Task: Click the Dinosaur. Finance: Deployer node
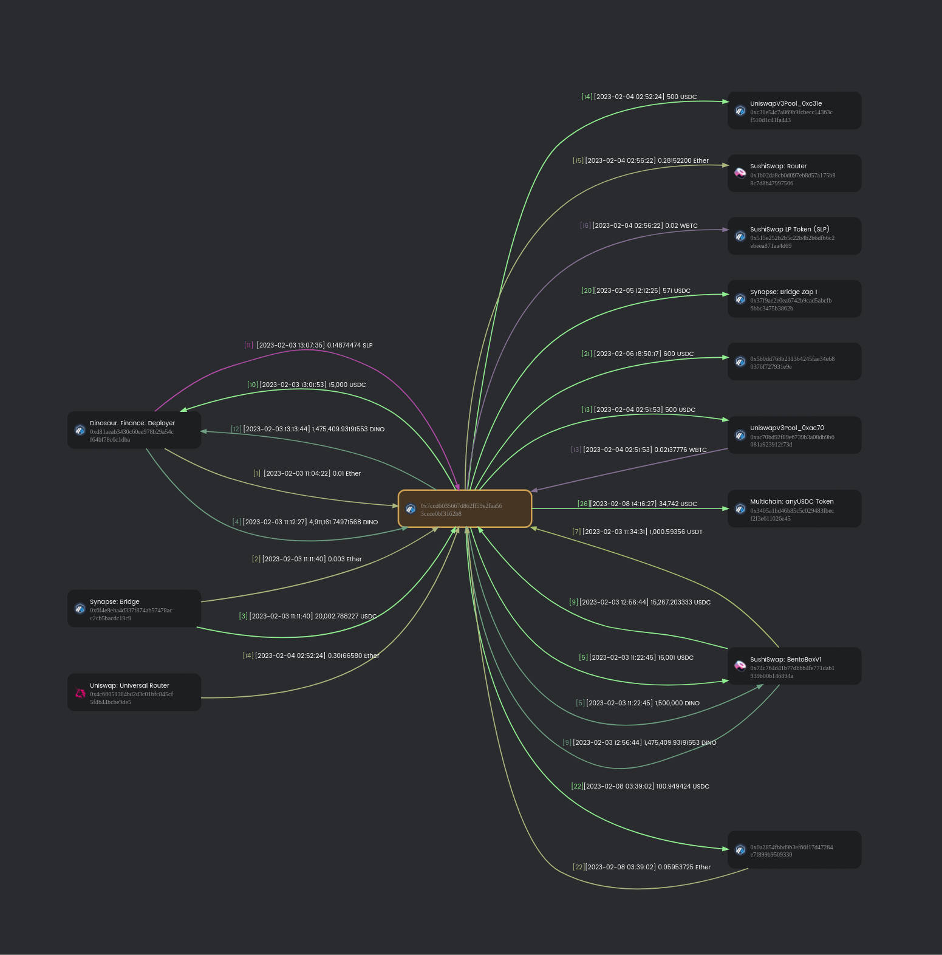click(x=134, y=430)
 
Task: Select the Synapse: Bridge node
click(x=134, y=609)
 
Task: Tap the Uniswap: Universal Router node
click(x=134, y=693)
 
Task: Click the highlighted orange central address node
click(x=465, y=509)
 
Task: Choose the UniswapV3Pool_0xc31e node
click(x=794, y=111)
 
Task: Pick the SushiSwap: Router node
click(x=794, y=174)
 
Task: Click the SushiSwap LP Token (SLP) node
click(x=794, y=236)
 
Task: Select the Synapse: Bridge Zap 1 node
click(x=794, y=299)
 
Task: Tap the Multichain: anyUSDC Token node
click(x=794, y=509)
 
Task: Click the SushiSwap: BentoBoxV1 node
click(x=794, y=666)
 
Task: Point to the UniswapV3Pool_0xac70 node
click(x=794, y=435)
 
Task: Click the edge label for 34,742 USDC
click(x=637, y=504)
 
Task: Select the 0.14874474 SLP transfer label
click(x=309, y=345)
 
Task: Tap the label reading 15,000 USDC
click(x=307, y=385)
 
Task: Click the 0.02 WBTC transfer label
click(x=639, y=225)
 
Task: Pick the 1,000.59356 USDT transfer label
click(x=637, y=532)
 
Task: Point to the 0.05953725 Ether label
click(x=641, y=867)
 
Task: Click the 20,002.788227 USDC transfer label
click(x=308, y=616)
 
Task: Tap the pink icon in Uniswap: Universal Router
click(x=80, y=693)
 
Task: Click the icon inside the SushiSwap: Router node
click(x=740, y=173)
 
